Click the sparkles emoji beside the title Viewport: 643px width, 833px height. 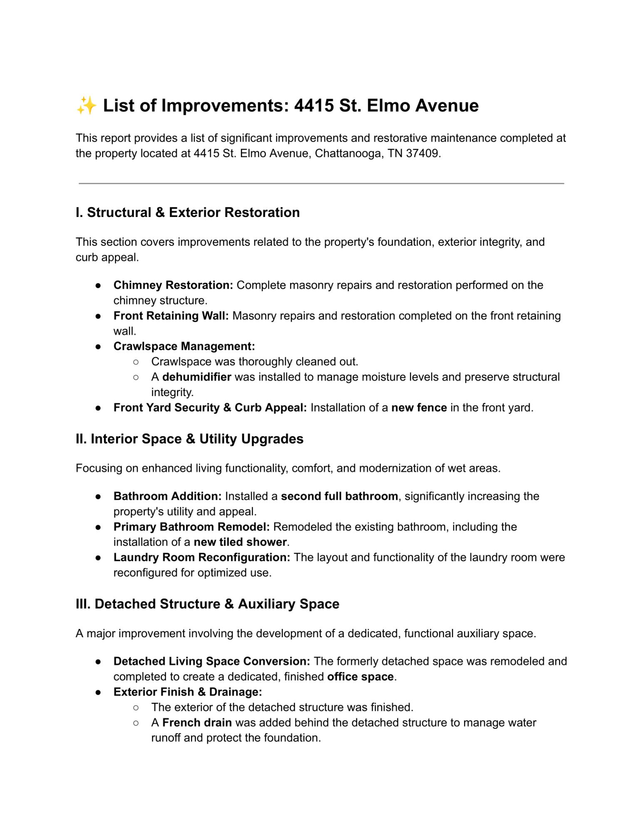coord(87,105)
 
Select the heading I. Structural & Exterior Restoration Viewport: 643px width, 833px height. coord(188,212)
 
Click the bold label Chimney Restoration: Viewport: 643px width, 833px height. coord(173,285)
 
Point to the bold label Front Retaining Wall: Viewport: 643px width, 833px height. coord(171,316)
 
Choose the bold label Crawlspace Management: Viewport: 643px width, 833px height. coord(184,347)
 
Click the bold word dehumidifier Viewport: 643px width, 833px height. coord(196,377)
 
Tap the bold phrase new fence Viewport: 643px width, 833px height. coord(419,408)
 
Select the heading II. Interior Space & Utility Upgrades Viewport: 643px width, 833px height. coord(189,439)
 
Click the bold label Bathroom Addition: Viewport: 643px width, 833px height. coord(167,496)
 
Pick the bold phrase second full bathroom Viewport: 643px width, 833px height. coord(339,496)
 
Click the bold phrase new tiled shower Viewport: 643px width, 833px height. coord(240,542)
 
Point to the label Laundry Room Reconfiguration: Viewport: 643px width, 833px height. coord(202,558)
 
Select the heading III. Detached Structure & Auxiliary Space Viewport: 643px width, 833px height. coord(207,604)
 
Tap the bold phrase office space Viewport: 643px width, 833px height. coord(360,677)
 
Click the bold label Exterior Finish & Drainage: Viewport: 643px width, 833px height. coord(188,692)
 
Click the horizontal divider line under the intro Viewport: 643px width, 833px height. coord(321,183)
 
